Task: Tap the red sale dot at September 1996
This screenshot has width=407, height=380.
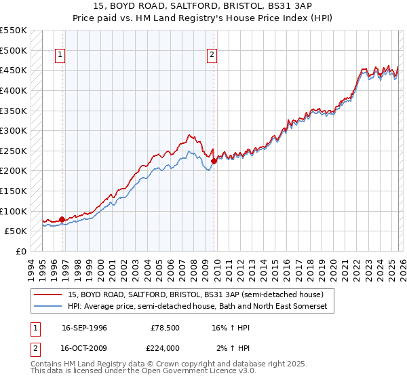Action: (x=62, y=219)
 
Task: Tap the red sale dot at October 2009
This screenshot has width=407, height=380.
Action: (x=214, y=161)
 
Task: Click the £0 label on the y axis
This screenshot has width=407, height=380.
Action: (x=21, y=251)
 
